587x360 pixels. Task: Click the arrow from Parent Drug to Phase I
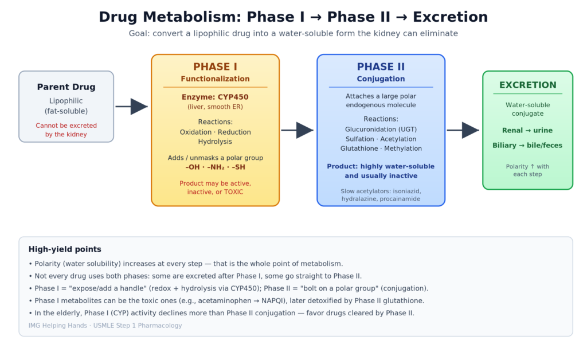point(131,107)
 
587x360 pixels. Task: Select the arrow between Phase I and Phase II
point(298,130)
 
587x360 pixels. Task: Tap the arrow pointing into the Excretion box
point(463,130)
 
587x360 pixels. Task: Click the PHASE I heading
point(216,67)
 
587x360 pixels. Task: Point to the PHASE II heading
point(381,67)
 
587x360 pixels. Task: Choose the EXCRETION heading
point(528,85)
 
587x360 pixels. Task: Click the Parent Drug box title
point(66,87)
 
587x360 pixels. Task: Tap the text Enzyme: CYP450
point(216,97)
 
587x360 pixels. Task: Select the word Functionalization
point(216,79)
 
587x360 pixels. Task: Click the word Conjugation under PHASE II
point(381,79)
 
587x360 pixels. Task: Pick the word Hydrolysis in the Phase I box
point(216,142)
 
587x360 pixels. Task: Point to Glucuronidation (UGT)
point(381,130)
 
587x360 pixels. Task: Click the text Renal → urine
point(527,131)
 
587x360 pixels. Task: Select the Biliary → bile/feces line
point(527,146)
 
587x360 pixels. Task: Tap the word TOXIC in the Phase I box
point(234,192)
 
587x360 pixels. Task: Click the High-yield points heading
point(65,249)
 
